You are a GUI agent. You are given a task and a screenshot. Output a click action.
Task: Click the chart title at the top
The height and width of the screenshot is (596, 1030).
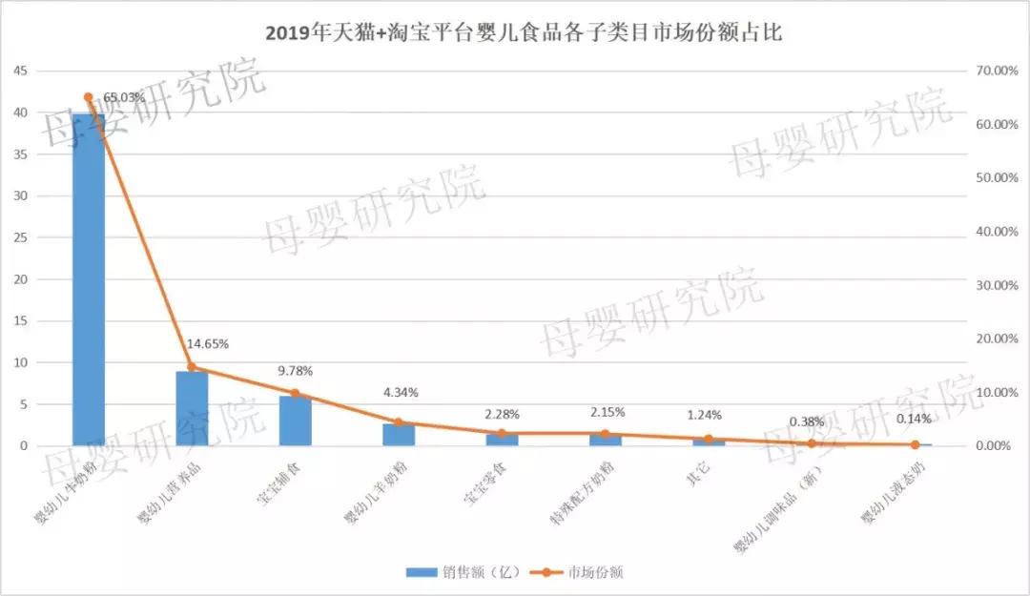pyautogui.click(x=515, y=33)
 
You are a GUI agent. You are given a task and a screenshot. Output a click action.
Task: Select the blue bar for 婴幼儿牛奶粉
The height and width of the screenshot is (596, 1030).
pyautogui.click(x=89, y=286)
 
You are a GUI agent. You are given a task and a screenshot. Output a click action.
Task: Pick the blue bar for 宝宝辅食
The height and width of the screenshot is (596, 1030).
pyautogui.click(x=295, y=422)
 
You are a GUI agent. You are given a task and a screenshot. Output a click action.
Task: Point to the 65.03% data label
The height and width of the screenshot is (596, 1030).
pyautogui.click(x=124, y=97)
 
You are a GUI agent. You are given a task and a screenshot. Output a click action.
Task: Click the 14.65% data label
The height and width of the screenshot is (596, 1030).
pyautogui.click(x=208, y=343)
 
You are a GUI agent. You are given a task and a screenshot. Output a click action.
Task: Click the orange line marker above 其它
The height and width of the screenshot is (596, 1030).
pyautogui.click(x=709, y=440)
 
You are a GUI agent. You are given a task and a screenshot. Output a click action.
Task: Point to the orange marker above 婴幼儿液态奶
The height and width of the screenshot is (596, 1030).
pyautogui.click(x=915, y=444)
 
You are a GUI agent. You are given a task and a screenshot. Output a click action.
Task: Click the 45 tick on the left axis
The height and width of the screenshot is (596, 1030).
pyautogui.click(x=20, y=71)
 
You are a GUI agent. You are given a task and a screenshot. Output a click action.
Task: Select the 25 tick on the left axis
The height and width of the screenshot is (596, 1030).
pyautogui.click(x=20, y=237)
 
